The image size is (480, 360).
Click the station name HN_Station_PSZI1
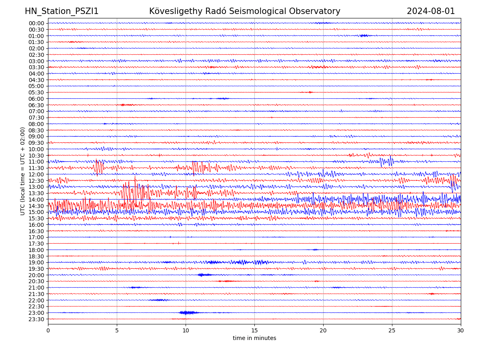pyautogui.click(x=62, y=11)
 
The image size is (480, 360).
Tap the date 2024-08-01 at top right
pyautogui.click(x=431, y=11)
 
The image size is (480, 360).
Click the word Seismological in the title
pyautogui.click(x=256, y=11)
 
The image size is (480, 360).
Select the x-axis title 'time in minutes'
pyautogui.click(x=254, y=338)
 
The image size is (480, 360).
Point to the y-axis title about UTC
pyautogui.click(x=23, y=171)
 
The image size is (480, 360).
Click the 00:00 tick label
pyautogui.click(x=36, y=23)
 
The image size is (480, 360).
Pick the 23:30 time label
pyautogui.click(x=36, y=319)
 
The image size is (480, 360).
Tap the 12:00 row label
pyautogui.click(x=36, y=174)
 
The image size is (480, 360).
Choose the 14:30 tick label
pyautogui.click(x=36, y=206)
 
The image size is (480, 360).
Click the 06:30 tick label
pyautogui.click(x=36, y=105)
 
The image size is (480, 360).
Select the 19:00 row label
pyautogui.click(x=36, y=262)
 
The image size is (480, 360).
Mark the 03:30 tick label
pyautogui.click(x=36, y=67)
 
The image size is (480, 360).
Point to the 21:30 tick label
pyautogui.click(x=36, y=294)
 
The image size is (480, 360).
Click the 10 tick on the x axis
pyautogui.click(x=186, y=330)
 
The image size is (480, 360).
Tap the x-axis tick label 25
pyautogui.click(x=392, y=330)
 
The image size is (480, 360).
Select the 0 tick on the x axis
pyautogui.click(x=48, y=330)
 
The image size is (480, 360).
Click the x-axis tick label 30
pyautogui.click(x=461, y=330)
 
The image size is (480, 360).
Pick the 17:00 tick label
pyautogui.click(x=36, y=237)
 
